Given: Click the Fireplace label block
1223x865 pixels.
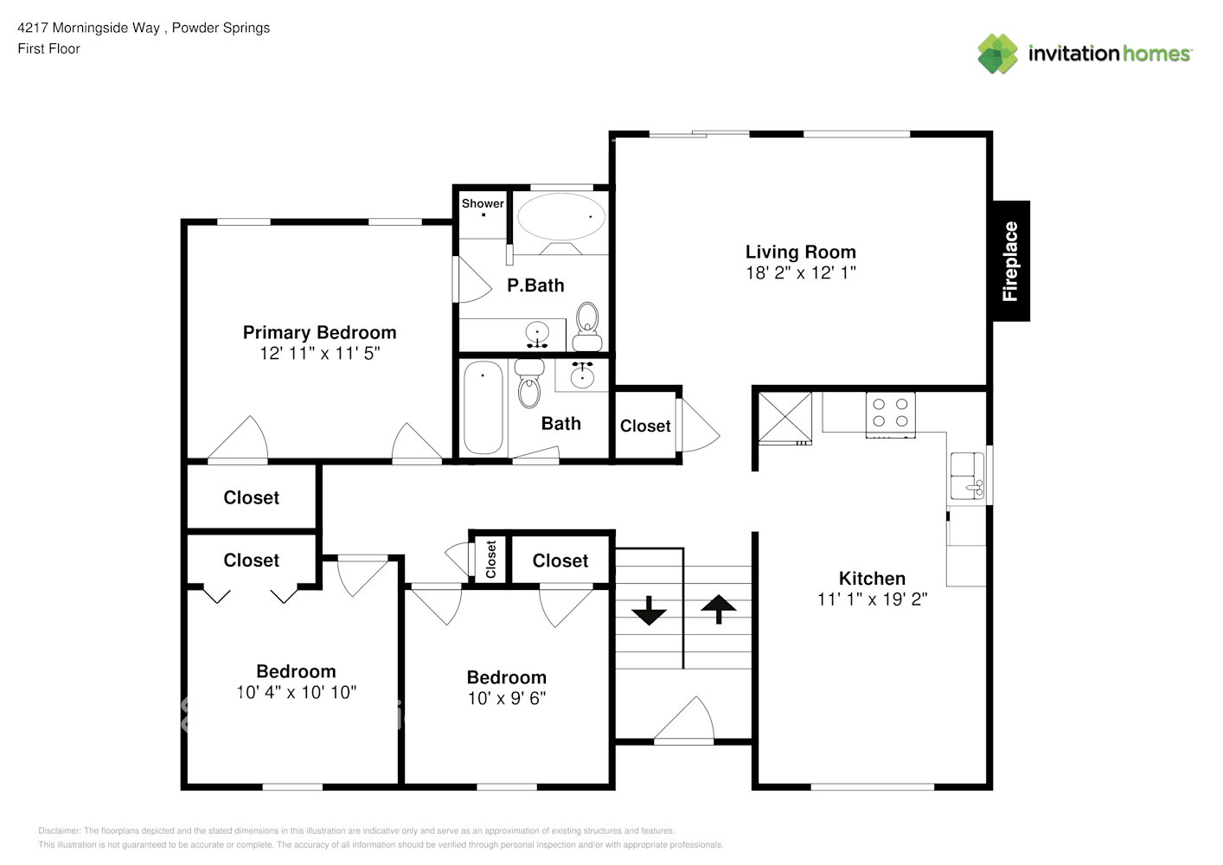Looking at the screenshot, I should [1010, 261].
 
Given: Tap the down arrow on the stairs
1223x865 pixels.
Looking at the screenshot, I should [649, 611].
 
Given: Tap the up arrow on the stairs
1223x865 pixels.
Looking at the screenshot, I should [718, 608].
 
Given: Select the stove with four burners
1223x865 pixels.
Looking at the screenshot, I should [890, 413].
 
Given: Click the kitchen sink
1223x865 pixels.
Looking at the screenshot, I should [966, 477].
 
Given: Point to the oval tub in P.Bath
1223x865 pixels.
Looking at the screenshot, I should [561, 217].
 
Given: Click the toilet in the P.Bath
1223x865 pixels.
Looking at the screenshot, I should [588, 318].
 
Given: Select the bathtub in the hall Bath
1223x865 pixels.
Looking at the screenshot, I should [483, 407].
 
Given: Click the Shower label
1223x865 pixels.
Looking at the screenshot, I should [483, 203].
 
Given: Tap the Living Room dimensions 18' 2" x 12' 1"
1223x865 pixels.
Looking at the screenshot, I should [801, 273].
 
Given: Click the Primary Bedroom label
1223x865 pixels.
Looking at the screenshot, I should [319, 332].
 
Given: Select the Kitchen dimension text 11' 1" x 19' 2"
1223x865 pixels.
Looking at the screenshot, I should [872, 599].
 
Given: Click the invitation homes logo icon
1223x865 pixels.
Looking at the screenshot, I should [997, 54].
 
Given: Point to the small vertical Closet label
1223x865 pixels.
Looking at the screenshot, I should [491, 560].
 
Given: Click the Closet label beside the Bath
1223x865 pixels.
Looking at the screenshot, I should [645, 426].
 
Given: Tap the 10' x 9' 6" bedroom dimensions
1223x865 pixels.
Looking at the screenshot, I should [507, 698].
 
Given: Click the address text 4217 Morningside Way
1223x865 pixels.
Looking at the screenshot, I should [89, 28].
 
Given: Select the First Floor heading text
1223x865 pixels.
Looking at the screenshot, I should [48, 48].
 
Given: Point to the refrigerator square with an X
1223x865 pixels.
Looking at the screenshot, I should [785, 418].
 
